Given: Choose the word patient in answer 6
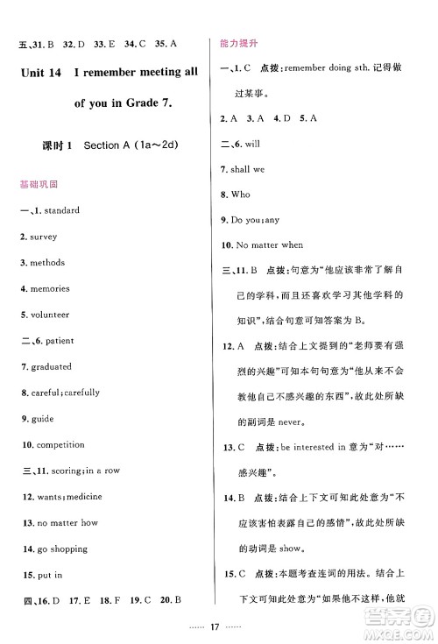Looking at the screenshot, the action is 60,341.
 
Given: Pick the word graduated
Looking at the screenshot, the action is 51,367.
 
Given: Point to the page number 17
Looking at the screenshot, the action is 218,626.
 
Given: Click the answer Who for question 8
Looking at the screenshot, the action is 242,194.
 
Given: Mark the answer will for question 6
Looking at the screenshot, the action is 255,142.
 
